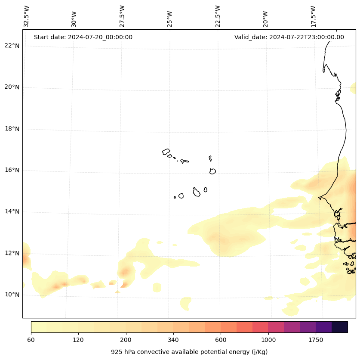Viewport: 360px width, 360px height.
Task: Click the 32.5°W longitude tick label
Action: pos(26,16)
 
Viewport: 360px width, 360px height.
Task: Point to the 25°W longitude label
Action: pos(169,19)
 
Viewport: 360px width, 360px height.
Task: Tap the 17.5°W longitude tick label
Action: pos(313,16)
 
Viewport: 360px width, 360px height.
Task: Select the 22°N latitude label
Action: pos(12,46)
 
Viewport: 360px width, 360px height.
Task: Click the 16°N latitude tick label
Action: pos(12,170)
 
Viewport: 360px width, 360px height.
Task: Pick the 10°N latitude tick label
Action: pos(12,295)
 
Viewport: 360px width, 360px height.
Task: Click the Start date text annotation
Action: pos(83,37)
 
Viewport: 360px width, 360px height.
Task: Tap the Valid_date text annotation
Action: pos(289,37)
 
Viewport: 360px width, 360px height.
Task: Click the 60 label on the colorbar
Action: pos(31,340)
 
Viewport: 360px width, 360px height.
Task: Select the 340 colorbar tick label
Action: pos(173,340)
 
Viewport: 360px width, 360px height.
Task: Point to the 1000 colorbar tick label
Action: pos(268,340)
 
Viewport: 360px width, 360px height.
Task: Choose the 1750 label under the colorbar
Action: pos(316,340)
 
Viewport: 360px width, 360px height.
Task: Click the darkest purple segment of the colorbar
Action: pos(340,327)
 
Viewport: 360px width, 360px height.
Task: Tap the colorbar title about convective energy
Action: pos(189,352)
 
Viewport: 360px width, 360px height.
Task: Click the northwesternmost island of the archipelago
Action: pos(166,152)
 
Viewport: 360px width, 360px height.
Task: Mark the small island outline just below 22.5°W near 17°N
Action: pos(210,158)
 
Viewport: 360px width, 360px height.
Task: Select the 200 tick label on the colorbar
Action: pos(126,340)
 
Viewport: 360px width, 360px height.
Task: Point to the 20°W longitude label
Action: pos(265,19)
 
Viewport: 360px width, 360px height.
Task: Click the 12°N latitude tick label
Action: pos(12,253)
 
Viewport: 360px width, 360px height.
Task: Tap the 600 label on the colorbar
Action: pos(221,340)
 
